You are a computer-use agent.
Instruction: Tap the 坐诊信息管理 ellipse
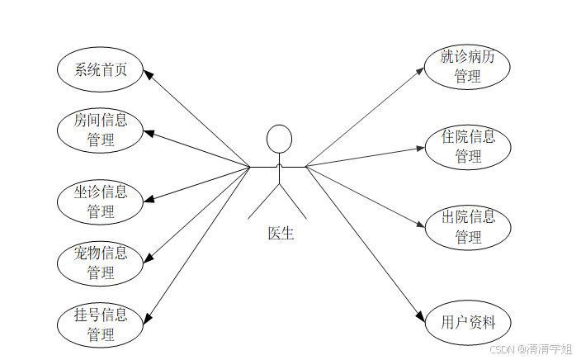[x=101, y=202]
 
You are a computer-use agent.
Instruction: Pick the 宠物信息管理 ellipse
[x=101, y=262]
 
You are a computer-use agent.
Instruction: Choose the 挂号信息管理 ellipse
[x=101, y=324]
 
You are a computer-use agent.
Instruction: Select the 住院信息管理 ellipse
[x=467, y=146]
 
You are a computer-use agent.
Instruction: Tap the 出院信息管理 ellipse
[x=467, y=227]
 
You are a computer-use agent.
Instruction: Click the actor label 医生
[x=281, y=234]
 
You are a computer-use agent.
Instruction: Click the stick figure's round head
[x=280, y=138]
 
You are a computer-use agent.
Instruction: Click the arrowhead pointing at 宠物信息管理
[x=149, y=258]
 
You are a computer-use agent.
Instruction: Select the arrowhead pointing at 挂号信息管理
[x=149, y=318]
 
